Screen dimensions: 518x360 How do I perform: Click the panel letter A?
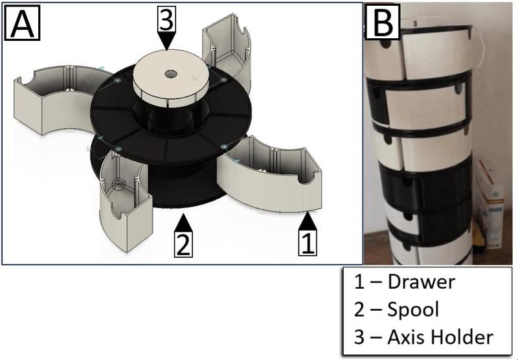[22, 23]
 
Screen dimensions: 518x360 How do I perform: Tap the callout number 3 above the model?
[166, 19]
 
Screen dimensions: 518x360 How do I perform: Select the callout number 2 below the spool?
[183, 244]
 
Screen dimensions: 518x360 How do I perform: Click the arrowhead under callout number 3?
[167, 41]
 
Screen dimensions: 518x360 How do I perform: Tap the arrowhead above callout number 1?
[308, 220]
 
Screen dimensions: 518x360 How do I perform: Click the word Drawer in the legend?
[422, 282]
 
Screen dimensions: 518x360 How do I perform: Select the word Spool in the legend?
[413, 309]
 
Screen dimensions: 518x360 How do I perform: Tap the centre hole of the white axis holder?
[171, 74]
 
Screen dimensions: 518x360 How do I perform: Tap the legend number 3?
[359, 337]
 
